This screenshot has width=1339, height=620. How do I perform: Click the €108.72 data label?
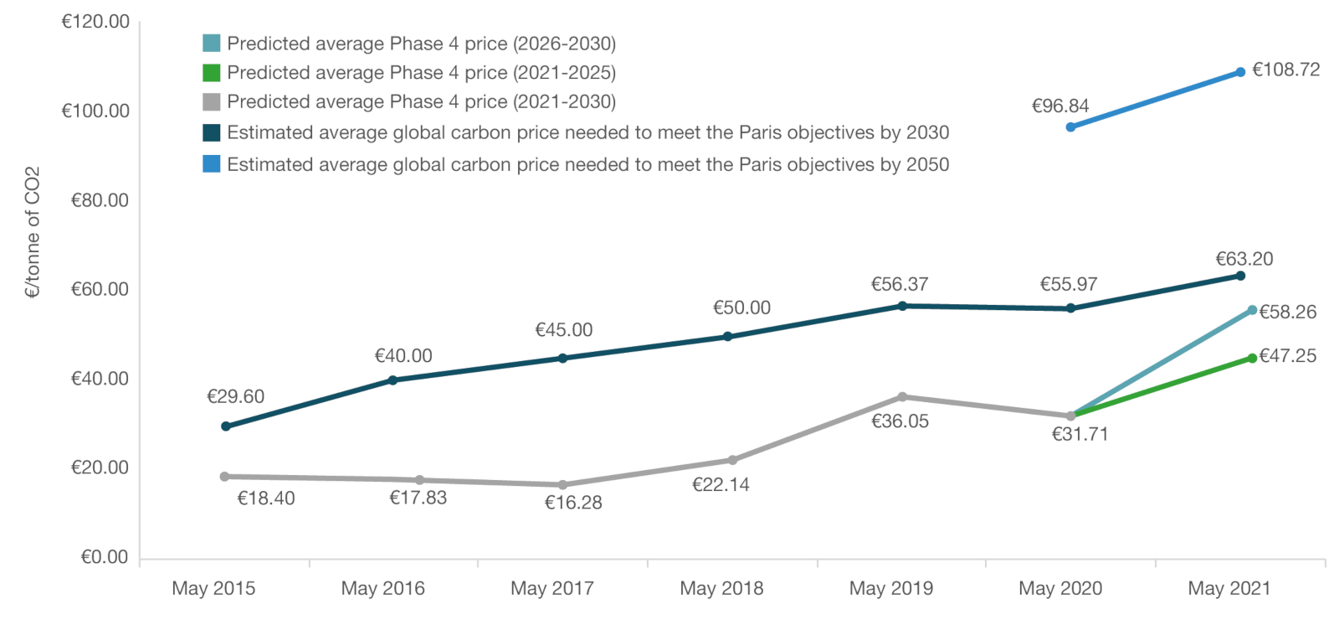tap(1285, 70)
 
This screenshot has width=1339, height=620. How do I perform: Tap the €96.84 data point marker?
tap(1070, 127)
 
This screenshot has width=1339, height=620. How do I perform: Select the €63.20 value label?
tap(1244, 260)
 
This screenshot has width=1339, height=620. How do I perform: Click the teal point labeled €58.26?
tap(1252, 311)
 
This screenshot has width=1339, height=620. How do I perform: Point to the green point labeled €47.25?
tap(1252, 359)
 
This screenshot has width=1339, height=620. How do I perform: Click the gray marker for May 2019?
tap(902, 397)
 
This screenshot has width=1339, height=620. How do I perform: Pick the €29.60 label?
tap(235, 397)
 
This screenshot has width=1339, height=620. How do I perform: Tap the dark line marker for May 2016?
tap(392, 380)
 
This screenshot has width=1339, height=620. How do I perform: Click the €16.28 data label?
tap(573, 504)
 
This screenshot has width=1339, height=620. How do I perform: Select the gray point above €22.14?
tap(732, 460)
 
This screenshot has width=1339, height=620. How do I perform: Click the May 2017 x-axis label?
tap(552, 589)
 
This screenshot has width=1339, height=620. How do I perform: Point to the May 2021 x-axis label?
tap(1229, 589)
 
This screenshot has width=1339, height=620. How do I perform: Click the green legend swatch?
tap(212, 73)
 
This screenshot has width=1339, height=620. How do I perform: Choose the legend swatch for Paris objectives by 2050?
tap(212, 164)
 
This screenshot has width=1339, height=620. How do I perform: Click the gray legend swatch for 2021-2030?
tap(212, 102)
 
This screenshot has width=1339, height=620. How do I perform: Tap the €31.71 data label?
tap(1080, 435)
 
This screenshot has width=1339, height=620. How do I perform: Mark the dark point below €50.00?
tap(727, 337)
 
